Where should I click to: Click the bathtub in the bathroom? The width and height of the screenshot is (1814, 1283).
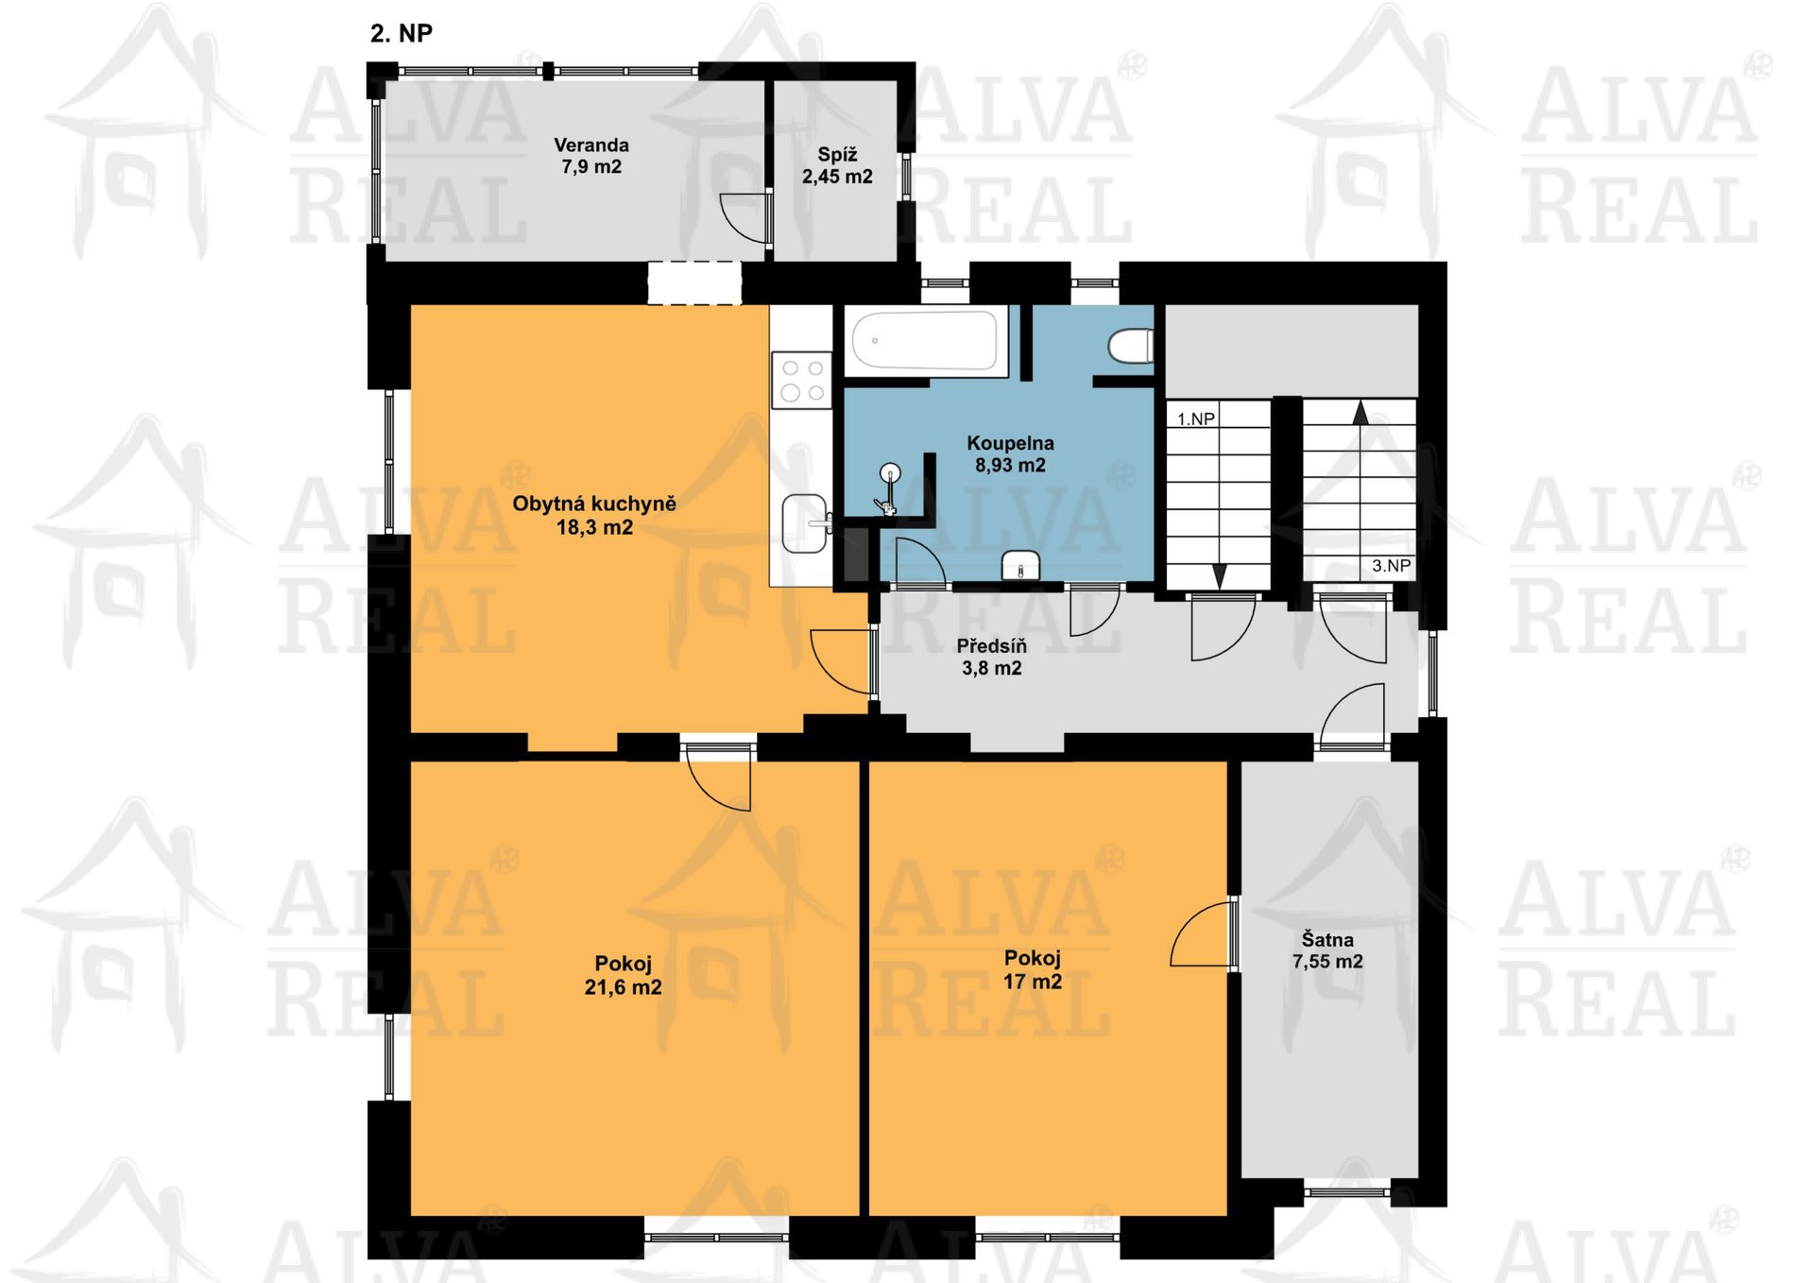(x=926, y=340)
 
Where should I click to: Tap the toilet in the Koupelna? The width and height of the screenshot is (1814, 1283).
(x=1130, y=346)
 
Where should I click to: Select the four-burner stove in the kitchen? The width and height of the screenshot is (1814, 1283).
(x=802, y=380)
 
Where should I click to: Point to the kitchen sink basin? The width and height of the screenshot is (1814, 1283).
(x=806, y=523)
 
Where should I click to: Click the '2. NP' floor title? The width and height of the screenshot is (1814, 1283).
(x=402, y=34)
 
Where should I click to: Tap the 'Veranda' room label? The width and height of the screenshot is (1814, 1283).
(x=591, y=145)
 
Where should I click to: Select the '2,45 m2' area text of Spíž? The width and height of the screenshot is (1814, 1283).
(x=837, y=177)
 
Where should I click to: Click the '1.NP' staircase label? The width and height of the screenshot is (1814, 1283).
(x=1196, y=419)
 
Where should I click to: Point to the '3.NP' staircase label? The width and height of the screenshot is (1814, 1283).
(x=1391, y=566)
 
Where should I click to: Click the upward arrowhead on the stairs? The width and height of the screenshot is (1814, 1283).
(x=1360, y=413)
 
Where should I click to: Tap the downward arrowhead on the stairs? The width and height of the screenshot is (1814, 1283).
(x=1219, y=576)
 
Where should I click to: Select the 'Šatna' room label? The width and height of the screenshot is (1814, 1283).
(x=1327, y=940)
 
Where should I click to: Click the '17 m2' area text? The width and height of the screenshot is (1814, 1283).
(x=1033, y=983)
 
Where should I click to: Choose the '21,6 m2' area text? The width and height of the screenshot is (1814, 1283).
(x=624, y=988)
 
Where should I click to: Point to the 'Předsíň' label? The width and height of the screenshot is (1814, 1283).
(x=991, y=646)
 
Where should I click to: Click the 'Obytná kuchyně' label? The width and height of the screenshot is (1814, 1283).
(x=594, y=505)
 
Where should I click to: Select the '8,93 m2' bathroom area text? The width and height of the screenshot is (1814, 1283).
(x=1010, y=466)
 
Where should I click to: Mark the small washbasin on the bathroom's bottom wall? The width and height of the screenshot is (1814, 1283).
(x=1020, y=566)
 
